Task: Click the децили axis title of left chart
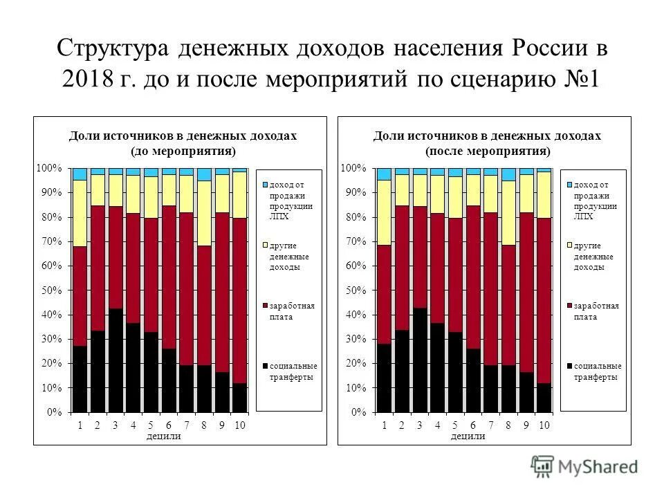(x=164, y=436)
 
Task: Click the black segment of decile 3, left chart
(x=116, y=360)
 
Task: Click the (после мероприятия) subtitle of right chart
(x=488, y=150)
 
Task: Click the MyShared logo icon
(x=542, y=467)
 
